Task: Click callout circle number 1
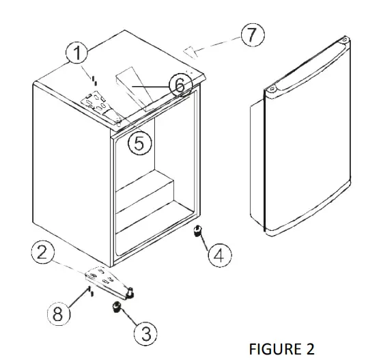point(78,53)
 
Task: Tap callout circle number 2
point(44,253)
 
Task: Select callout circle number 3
point(145,333)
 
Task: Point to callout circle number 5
point(139,143)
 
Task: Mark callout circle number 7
point(253,36)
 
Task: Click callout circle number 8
point(59,315)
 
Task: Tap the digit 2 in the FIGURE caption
point(310,349)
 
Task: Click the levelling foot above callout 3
point(116,307)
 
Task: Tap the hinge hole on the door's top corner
point(270,88)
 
